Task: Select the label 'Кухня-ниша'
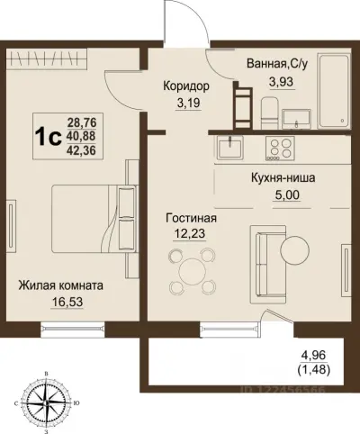(282, 178)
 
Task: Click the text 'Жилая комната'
(60, 285)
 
